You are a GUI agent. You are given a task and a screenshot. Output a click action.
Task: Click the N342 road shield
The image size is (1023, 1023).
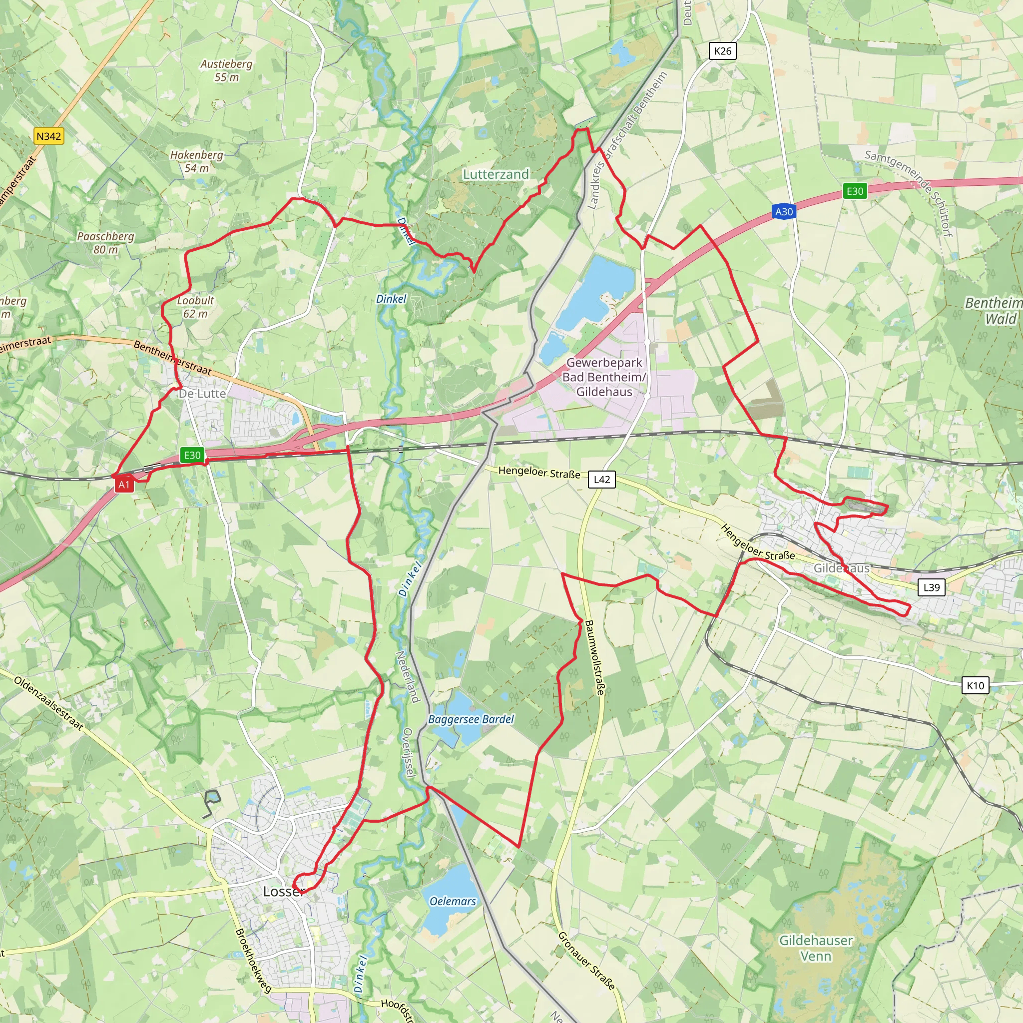pyautogui.click(x=49, y=136)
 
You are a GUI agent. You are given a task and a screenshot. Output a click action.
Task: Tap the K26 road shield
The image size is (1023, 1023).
pyautogui.click(x=722, y=51)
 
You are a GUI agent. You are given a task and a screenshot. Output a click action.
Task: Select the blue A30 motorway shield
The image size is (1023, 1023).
pyautogui.click(x=784, y=212)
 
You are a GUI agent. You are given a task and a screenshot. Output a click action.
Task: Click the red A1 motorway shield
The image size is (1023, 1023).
pyautogui.click(x=124, y=485)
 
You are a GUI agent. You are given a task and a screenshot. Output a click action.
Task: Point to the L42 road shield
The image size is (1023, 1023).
pyautogui.click(x=602, y=480)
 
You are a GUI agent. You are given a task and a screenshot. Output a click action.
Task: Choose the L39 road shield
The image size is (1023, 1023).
pyautogui.click(x=932, y=587)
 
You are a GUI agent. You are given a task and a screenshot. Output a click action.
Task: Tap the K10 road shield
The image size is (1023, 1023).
pyautogui.click(x=976, y=686)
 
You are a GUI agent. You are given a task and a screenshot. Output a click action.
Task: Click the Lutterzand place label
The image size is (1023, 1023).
pyautogui.click(x=496, y=174)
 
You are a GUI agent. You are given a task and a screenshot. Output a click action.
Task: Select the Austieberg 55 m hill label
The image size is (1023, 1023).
pyautogui.click(x=227, y=70)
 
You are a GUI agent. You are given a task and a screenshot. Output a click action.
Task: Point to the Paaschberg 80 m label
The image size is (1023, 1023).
pyautogui.click(x=105, y=242)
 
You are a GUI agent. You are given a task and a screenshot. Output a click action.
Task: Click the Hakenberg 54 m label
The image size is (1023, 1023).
pyautogui.click(x=196, y=161)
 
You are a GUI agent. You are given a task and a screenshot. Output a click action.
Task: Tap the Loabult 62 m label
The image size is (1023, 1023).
pyautogui.click(x=195, y=307)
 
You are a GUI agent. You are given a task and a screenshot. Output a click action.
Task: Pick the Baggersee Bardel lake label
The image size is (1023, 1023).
pyautogui.click(x=471, y=719)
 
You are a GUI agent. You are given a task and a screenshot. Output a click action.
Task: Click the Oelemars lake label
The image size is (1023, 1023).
pyautogui.click(x=453, y=901)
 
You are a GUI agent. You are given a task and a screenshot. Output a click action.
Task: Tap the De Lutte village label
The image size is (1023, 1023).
pyautogui.click(x=202, y=394)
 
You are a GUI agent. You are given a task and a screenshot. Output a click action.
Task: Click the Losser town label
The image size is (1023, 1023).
pyautogui.click(x=284, y=892)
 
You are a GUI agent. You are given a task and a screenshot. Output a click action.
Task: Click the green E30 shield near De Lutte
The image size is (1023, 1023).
pyautogui.click(x=192, y=455)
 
